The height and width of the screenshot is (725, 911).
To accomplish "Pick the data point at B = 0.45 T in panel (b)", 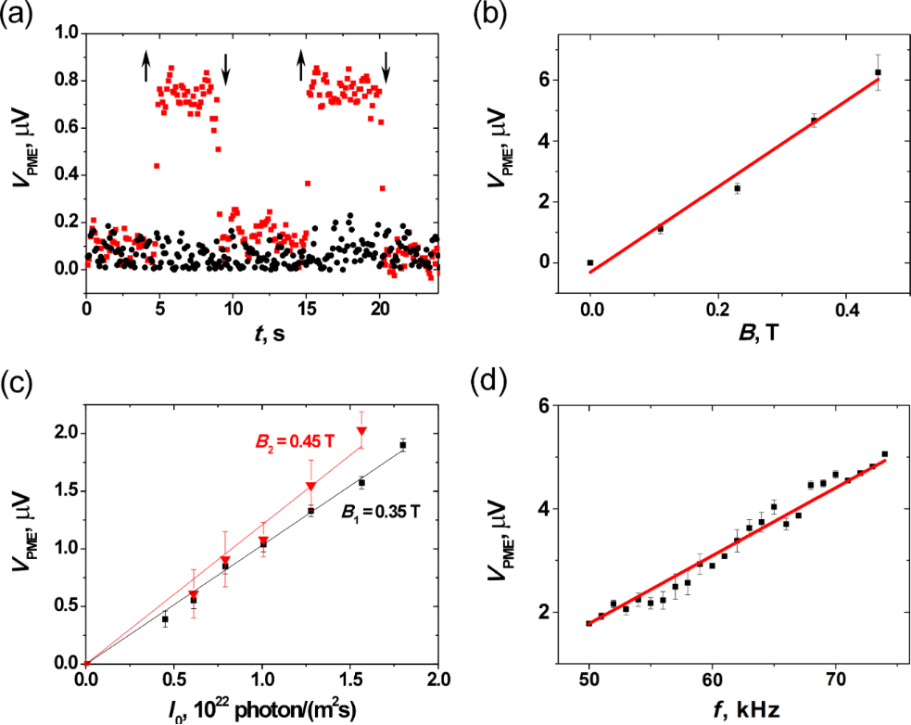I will pos(878,72).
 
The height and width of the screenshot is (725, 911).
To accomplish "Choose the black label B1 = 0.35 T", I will pos(380,511).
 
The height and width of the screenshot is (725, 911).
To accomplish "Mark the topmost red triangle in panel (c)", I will pos(361,431).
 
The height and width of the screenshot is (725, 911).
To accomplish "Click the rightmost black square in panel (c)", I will pos(403,445).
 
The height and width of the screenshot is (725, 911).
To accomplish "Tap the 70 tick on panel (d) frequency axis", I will pos(836,677).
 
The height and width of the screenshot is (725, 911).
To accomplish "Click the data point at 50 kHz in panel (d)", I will pos(588,623).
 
